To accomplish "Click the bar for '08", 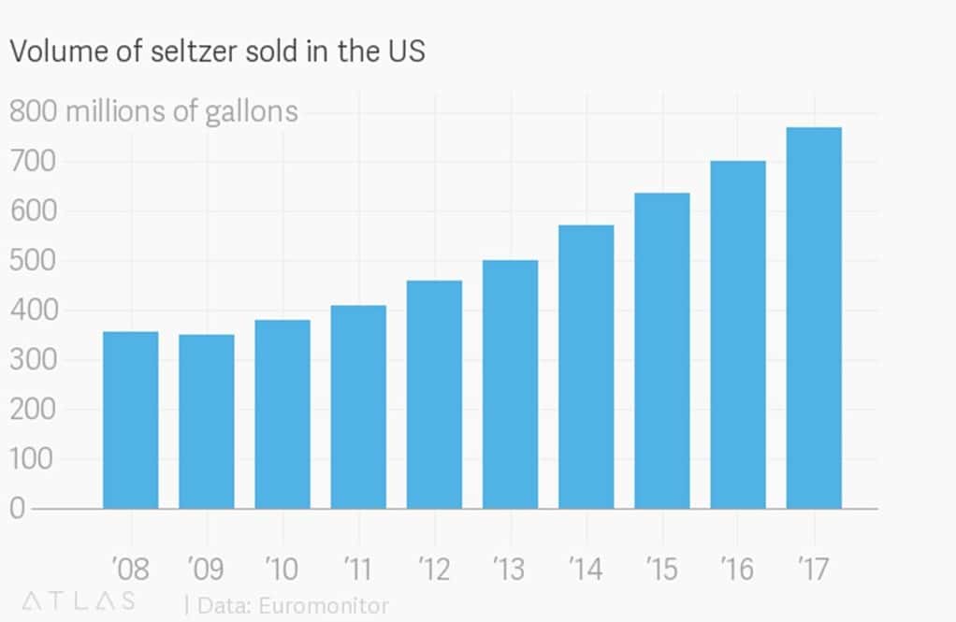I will click(x=130, y=420).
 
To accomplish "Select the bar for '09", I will click(x=206, y=422).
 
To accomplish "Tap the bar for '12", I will click(x=434, y=394).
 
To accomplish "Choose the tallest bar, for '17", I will click(x=814, y=318).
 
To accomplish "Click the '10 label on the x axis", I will click(x=282, y=567).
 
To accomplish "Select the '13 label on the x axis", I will click(x=510, y=567).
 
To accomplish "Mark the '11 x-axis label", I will click(x=358, y=567).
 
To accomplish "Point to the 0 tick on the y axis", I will click(x=18, y=509).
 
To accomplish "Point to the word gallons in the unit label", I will click(x=248, y=112).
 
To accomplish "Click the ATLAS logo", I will click(x=77, y=600).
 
